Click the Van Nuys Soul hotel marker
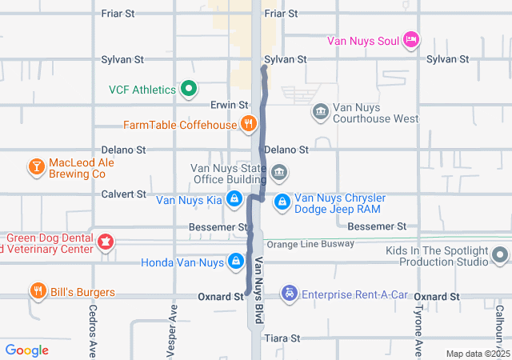point(411,39)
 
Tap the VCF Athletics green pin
point(189,89)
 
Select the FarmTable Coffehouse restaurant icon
point(250,124)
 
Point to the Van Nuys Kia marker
point(234,199)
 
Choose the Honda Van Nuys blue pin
point(237,262)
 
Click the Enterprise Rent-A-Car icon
point(288,294)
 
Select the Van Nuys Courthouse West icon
point(320,111)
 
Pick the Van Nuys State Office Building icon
point(279,172)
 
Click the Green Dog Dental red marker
point(105,242)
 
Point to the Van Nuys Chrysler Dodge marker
point(282,203)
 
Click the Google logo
point(27,350)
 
